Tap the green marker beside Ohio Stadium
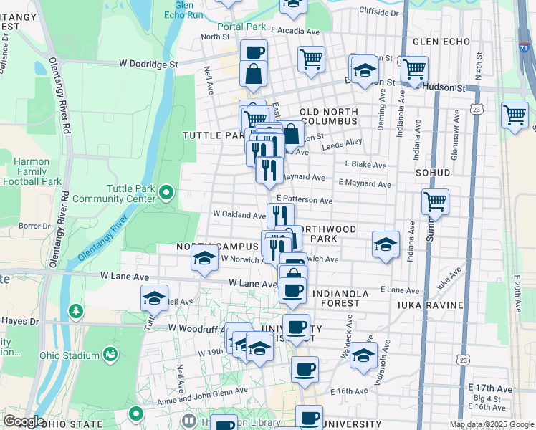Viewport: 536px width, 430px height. (x=110, y=354)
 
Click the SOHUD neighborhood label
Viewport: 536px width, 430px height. (x=432, y=173)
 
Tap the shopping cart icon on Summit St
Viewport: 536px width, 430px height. (x=435, y=202)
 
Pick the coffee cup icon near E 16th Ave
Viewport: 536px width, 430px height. (x=305, y=369)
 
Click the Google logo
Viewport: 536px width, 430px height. (x=23, y=421)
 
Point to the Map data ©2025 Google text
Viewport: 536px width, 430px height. (x=492, y=424)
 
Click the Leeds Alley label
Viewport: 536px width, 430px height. (x=346, y=143)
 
